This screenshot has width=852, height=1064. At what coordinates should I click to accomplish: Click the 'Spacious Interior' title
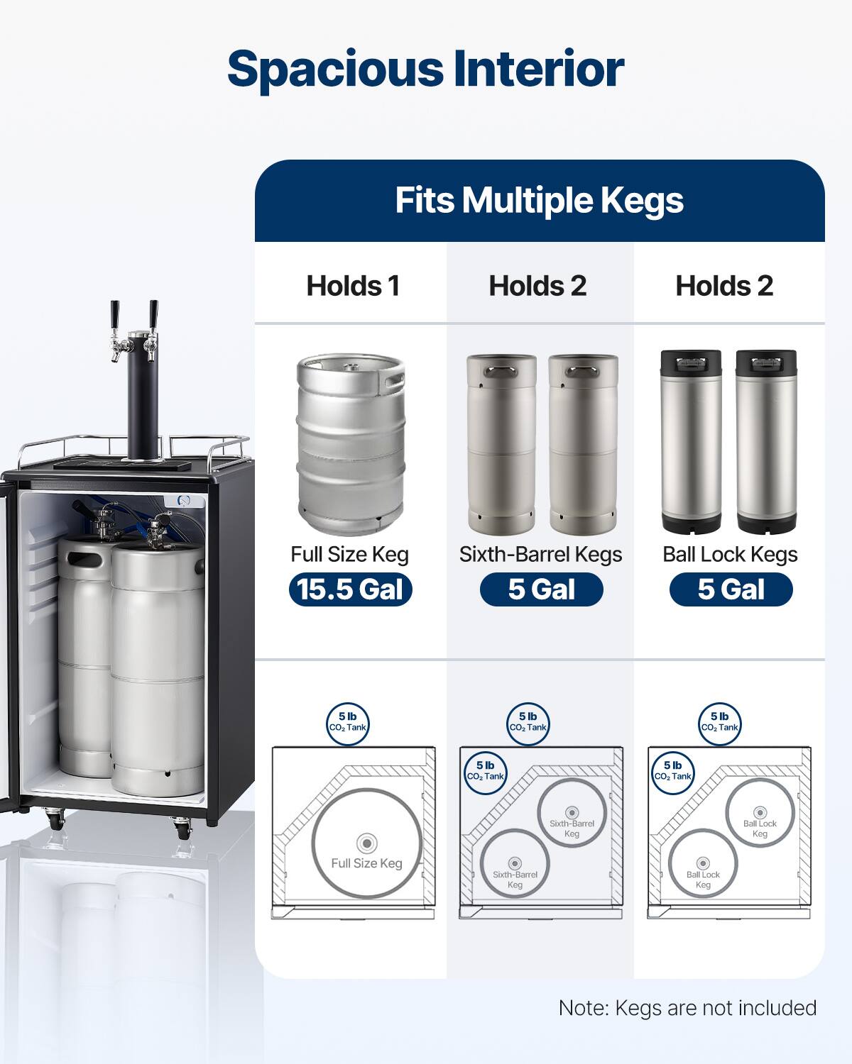tap(425, 69)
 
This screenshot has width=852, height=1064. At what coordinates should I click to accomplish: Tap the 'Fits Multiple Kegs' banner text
tap(539, 200)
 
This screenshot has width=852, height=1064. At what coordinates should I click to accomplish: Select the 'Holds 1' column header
tap(353, 286)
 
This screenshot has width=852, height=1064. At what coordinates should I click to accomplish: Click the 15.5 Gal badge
tap(350, 589)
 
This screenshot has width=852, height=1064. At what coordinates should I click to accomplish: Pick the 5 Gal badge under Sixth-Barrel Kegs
tap(541, 589)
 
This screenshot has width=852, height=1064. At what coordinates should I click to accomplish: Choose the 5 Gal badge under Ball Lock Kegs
tap(731, 589)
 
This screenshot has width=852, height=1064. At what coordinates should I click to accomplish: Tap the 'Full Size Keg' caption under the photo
tap(349, 554)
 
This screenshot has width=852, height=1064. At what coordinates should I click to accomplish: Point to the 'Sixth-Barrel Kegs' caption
tap(540, 554)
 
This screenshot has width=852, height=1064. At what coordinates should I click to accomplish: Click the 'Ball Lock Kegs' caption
tap(730, 554)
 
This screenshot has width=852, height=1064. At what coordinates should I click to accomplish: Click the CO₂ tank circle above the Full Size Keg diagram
tap(348, 722)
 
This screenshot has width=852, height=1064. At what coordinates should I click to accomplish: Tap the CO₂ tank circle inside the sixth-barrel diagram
tap(485, 771)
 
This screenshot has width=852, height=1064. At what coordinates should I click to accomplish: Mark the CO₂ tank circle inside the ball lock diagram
tap(672, 771)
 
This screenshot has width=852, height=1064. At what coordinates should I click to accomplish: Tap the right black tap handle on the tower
tap(153, 313)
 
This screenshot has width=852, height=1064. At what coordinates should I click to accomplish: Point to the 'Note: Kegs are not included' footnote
tap(687, 1008)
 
